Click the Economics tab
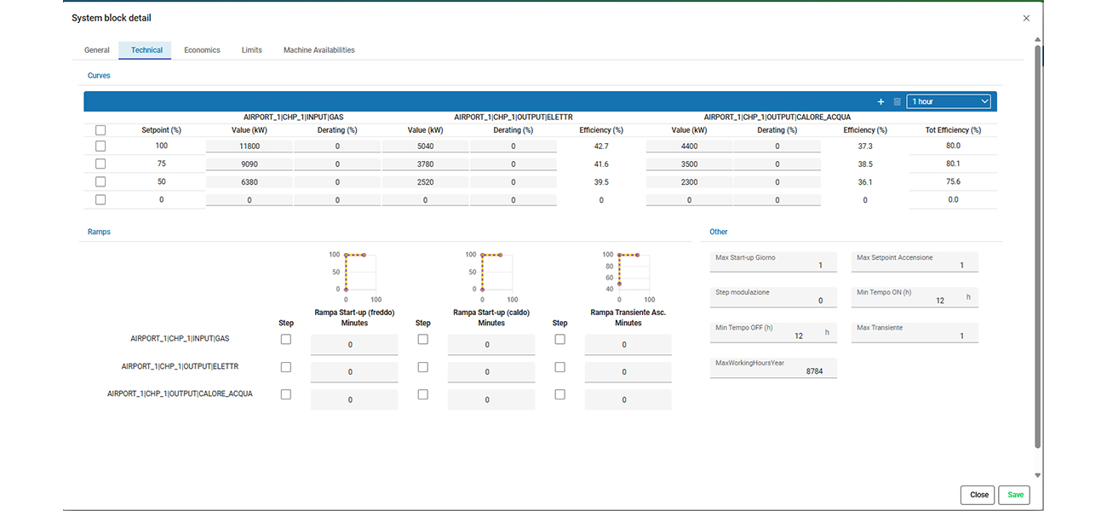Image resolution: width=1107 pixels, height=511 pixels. pyautogui.click(x=202, y=50)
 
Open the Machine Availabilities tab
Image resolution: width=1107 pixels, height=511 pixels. pyautogui.click(x=318, y=50)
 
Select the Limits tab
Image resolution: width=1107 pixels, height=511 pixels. pyautogui.click(x=251, y=50)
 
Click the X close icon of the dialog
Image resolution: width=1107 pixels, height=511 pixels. pyautogui.click(x=1026, y=18)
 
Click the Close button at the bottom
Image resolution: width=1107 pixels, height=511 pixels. pyautogui.click(x=978, y=495)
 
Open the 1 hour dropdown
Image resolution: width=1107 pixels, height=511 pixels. pyautogui.click(x=949, y=101)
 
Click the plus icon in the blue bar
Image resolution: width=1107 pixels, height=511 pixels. pyautogui.click(x=880, y=101)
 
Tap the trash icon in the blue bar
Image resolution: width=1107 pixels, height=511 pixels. pyautogui.click(x=897, y=101)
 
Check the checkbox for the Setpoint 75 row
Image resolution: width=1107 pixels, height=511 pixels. pyautogui.click(x=100, y=164)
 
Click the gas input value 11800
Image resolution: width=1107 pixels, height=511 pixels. pyautogui.click(x=249, y=146)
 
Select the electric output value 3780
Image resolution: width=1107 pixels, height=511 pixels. pyautogui.click(x=425, y=164)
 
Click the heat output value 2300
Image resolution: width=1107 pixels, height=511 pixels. pyautogui.click(x=689, y=182)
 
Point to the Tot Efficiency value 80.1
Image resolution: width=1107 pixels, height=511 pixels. pyautogui.click(x=953, y=164)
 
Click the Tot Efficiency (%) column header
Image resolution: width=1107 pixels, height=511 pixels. pyautogui.click(x=953, y=130)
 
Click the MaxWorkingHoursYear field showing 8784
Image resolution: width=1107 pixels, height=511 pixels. pyautogui.click(x=773, y=368)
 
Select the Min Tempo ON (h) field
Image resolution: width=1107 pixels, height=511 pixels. pyautogui.click(x=915, y=297)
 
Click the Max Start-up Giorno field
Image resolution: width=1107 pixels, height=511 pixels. pyautogui.click(x=773, y=262)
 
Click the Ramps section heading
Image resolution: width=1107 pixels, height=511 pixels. pyautogui.click(x=99, y=232)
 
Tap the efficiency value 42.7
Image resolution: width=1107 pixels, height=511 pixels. pyautogui.click(x=601, y=146)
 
